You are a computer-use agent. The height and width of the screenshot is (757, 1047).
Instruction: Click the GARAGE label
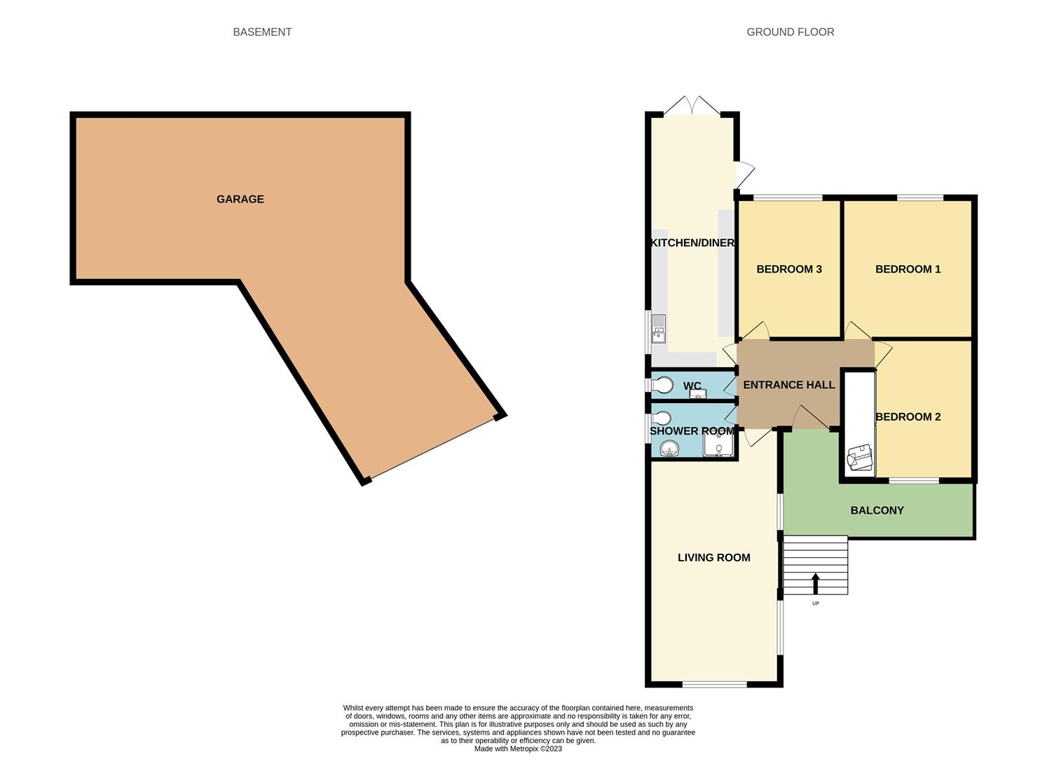tap(240, 199)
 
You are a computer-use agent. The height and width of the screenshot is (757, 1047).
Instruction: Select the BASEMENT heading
tap(262, 32)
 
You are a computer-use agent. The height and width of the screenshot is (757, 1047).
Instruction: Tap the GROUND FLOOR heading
tap(790, 32)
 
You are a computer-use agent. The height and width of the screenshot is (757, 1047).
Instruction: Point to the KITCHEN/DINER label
tap(692, 243)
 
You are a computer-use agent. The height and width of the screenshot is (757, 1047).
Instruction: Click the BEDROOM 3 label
tap(788, 269)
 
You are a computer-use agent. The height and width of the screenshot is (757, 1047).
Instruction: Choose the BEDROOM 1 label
tap(908, 269)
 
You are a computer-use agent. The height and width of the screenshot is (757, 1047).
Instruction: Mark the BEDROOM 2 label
tap(908, 417)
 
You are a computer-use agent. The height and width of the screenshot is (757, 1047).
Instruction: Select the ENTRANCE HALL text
tap(788, 385)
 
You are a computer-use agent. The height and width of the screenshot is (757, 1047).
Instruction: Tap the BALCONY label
tap(877, 510)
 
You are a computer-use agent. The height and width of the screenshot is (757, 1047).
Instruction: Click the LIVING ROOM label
tap(713, 558)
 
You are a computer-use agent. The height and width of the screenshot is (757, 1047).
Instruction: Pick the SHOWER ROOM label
tap(692, 431)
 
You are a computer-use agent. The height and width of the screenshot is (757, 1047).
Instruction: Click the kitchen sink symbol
tap(659, 328)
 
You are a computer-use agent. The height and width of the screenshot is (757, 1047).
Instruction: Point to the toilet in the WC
tap(662, 385)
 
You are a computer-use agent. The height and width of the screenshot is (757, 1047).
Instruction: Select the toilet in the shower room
tap(662, 419)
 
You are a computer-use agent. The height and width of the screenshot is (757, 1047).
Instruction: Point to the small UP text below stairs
tap(815, 603)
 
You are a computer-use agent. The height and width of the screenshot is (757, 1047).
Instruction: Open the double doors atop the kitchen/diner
tap(692, 107)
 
